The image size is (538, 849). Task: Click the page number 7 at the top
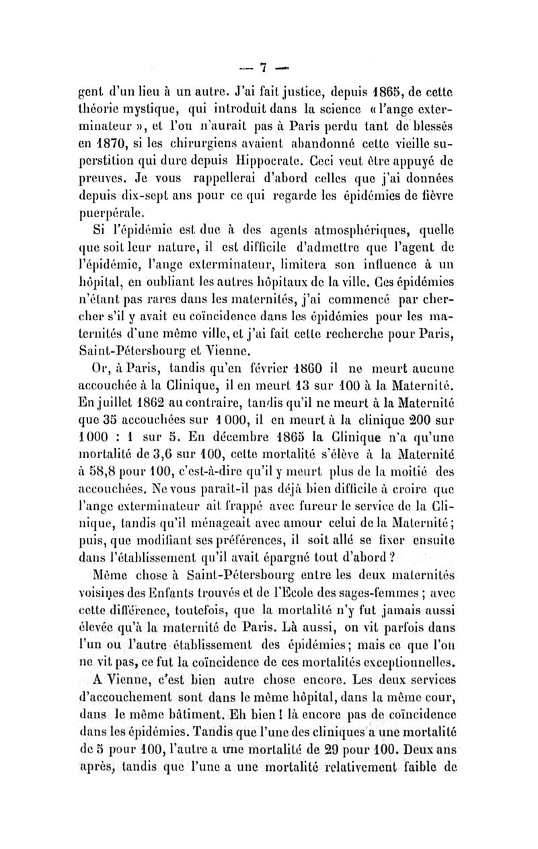coord(264,67)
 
